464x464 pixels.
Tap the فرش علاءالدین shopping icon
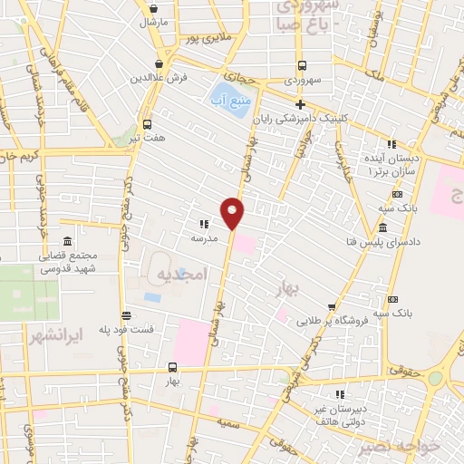[x=160, y=63]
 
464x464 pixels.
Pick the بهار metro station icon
[x=173, y=367]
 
